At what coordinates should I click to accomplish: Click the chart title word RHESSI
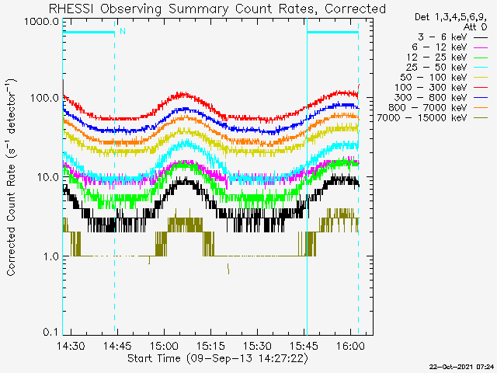71,9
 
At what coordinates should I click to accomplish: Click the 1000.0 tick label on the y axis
41,22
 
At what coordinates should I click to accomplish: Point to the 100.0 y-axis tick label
44,98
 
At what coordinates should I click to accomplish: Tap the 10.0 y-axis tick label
47,177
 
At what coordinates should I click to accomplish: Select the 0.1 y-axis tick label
50,332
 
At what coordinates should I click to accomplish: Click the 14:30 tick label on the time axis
71,346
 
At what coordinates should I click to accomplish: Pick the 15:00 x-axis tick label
164,346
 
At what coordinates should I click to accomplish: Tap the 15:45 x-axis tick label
304,346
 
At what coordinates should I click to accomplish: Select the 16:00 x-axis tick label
350,346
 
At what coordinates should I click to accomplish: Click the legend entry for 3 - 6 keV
442,37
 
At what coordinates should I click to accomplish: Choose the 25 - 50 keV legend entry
436,68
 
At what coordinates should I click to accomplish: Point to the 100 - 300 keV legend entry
430,88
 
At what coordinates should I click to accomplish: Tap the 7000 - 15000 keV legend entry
422,118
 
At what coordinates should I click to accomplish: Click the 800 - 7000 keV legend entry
428,108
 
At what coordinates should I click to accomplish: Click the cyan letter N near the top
123,31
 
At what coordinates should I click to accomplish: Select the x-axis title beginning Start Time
217,358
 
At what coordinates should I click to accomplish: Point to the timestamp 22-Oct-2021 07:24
461,367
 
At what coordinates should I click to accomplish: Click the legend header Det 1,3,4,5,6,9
450,17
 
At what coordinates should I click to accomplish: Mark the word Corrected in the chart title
355,9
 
